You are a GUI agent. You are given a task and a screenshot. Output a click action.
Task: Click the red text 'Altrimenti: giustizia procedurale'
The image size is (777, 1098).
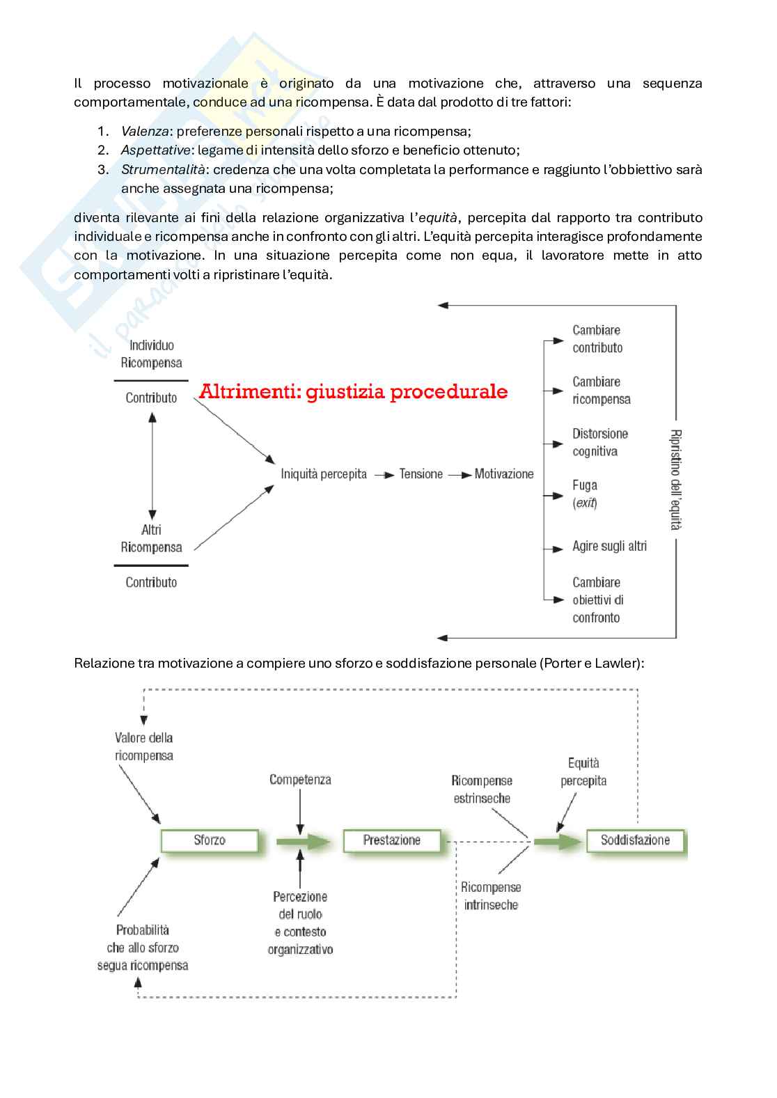pyautogui.click(x=353, y=392)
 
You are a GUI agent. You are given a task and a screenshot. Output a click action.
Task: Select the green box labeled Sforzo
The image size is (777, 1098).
pyautogui.click(x=210, y=840)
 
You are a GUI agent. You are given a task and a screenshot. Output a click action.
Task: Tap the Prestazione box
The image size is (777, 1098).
pyautogui.click(x=392, y=840)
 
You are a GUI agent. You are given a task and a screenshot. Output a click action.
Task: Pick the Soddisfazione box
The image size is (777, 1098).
pyautogui.click(x=635, y=840)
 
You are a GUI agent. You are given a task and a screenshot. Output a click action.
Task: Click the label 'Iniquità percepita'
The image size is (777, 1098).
pyautogui.click(x=324, y=474)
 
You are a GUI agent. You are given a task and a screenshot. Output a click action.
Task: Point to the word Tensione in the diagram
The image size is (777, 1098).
pyautogui.click(x=421, y=474)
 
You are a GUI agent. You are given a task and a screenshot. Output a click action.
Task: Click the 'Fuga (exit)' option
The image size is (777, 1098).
pyautogui.click(x=585, y=494)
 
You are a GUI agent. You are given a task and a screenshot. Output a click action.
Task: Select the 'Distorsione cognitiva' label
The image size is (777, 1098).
pyautogui.click(x=599, y=442)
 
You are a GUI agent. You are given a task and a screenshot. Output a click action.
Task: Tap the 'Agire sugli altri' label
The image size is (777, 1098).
pyautogui.click(x=609, y=547)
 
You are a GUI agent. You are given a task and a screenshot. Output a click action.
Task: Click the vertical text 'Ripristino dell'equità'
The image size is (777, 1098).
pyautogui.click(x=675, y=480)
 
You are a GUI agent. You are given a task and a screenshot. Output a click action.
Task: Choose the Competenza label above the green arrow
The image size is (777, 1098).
pyautogui.click(x=300, y=780)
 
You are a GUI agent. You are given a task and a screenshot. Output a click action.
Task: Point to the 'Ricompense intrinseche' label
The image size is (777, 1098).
pyautogui.click(x=491, y=896)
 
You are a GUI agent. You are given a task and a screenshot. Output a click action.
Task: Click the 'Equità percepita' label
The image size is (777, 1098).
pyautogui.click(x=583, y=772)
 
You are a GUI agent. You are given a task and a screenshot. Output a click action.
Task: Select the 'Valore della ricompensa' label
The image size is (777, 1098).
pyautogui.click(x=144, y=746)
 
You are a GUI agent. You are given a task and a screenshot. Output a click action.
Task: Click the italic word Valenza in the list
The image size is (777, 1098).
pyautogui.click(x=145, y=131)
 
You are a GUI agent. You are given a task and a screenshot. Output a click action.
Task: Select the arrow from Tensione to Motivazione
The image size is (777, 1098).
pyautogui.click(x=460, y=475)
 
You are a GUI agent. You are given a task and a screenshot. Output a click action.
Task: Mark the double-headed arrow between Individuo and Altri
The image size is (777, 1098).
pyautogui.click(x=152, y=464)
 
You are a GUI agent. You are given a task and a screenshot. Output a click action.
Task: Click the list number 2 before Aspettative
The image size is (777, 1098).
pyautogui.click(x=103, y=150)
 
